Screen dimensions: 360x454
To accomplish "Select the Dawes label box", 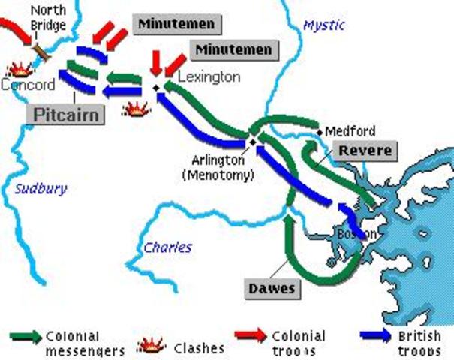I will (x=271, y=287).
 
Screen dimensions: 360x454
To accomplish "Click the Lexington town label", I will (x=209, y=77).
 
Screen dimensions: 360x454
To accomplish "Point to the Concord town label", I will (x=28, y=84).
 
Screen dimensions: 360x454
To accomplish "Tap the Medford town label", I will (x=350, y=132).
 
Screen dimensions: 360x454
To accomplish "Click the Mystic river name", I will (x=323, y=25).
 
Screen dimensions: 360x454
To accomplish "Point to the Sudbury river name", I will (x=41, y=189).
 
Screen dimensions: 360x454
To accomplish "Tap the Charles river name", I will (x=167, y=247).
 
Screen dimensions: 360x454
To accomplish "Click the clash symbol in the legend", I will (x=152, y=345).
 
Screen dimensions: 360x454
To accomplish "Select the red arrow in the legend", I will (x=251, y=335).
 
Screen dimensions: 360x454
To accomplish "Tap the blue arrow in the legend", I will (x=375, y=335).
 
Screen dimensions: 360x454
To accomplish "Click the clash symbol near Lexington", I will (x=136, y=109).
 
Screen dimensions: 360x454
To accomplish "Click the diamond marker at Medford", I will (x=320, y=132).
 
